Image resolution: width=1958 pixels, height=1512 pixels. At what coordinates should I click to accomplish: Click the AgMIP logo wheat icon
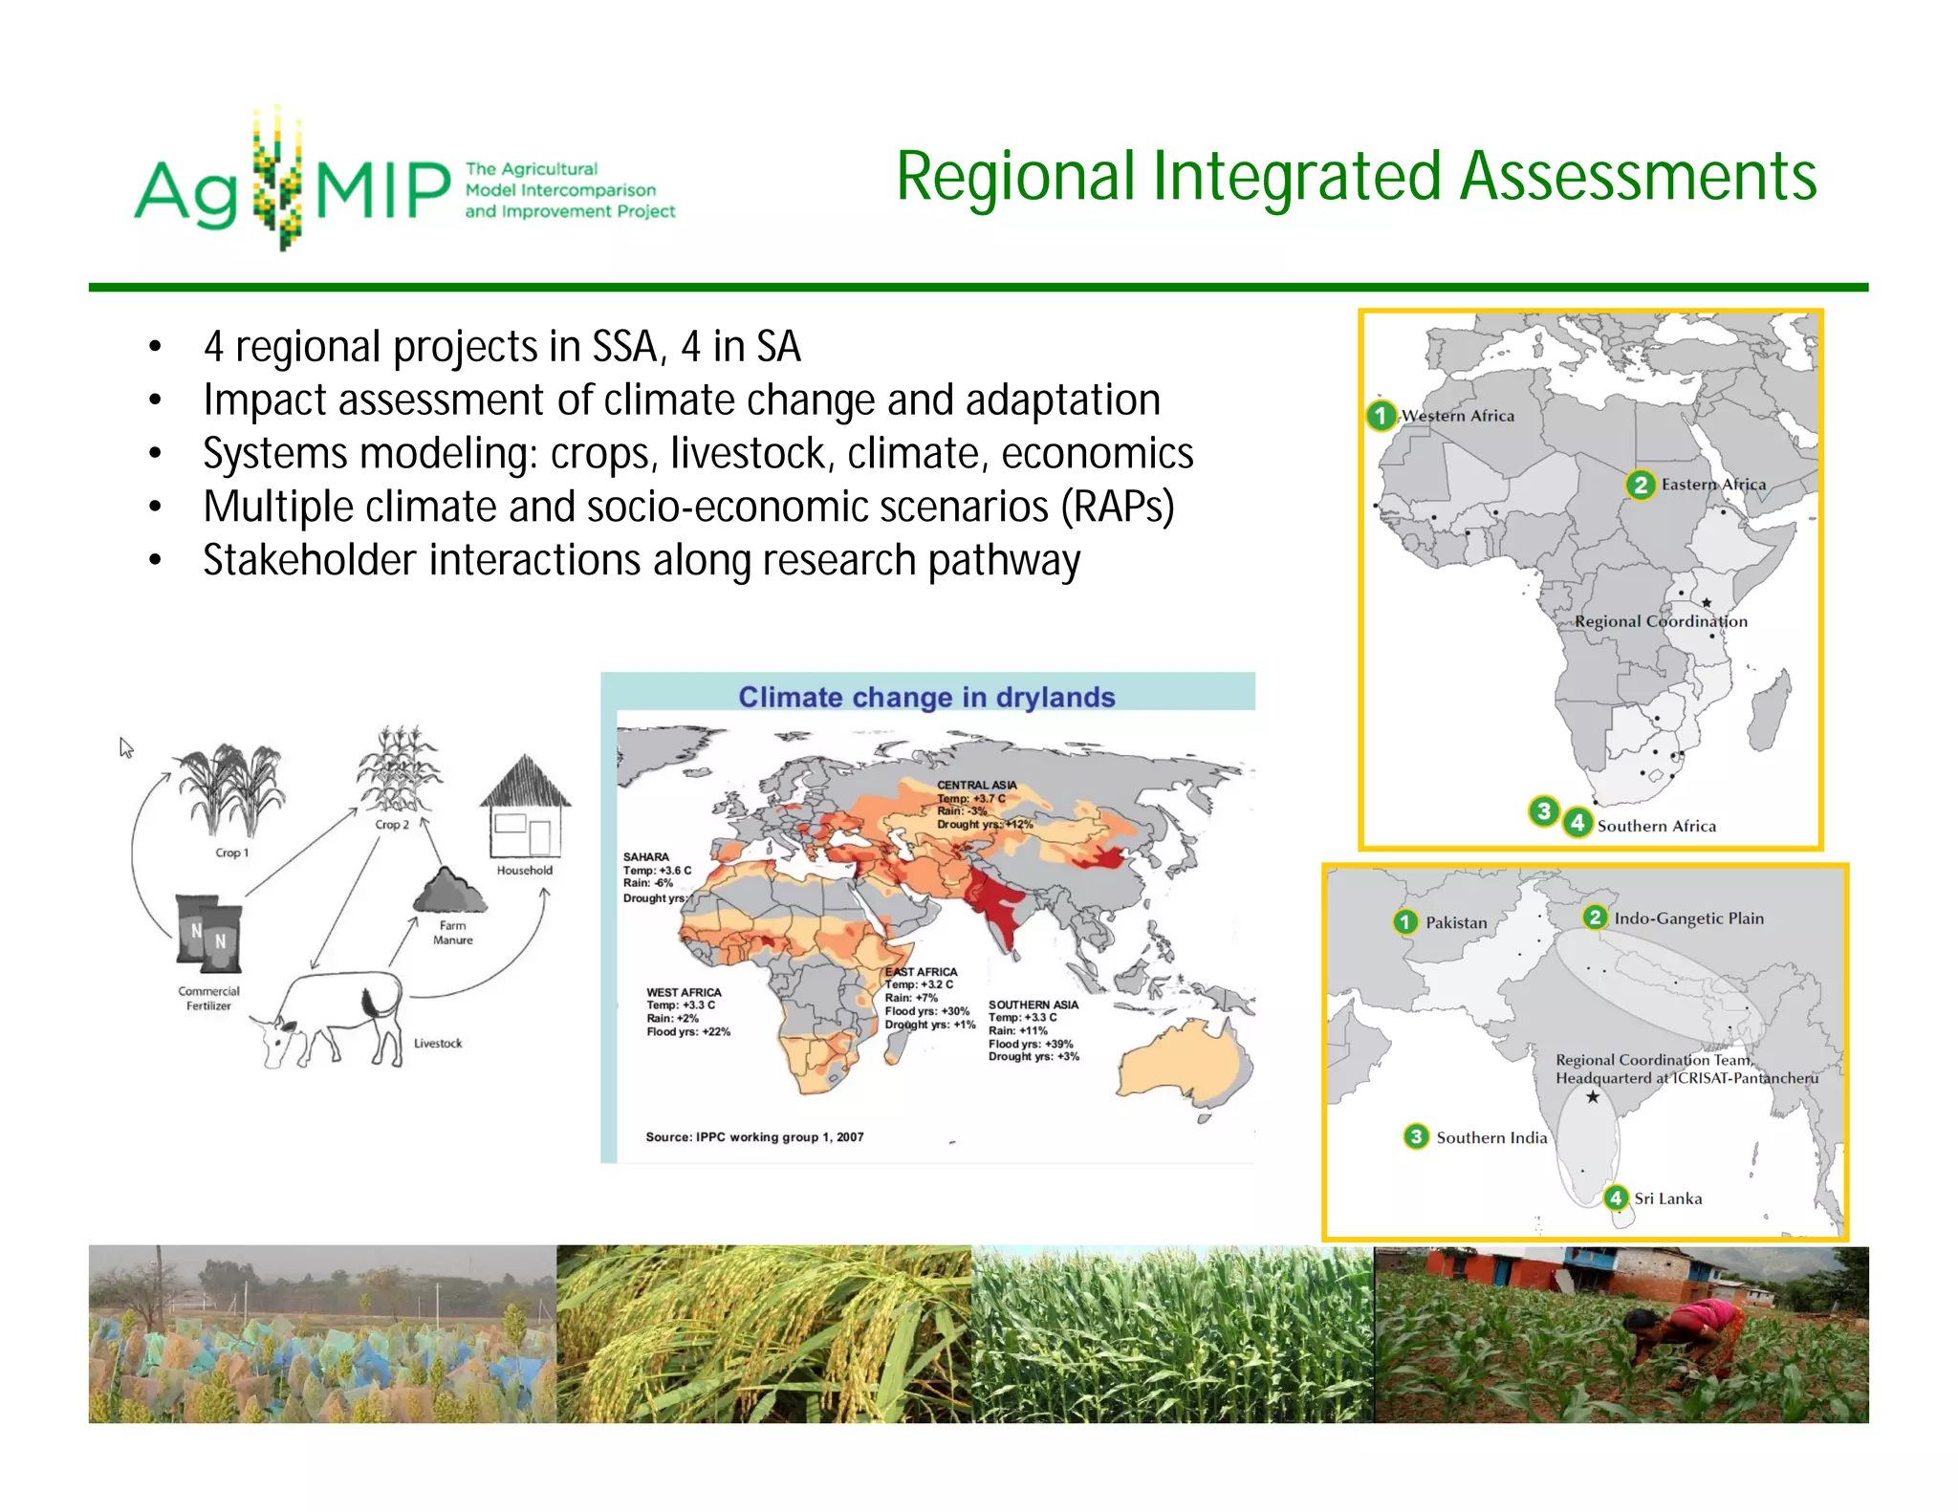click(x=277, y=180)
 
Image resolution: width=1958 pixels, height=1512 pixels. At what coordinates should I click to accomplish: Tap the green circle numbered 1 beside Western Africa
click(x=1381, y=416)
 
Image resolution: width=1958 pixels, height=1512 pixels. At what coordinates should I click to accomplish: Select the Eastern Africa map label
click(x=1713, y=485)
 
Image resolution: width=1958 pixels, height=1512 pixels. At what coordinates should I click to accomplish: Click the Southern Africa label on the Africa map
click(x=1656, y=826)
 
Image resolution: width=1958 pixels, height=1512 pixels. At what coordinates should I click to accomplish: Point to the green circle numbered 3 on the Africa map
click(x=1543, y=811)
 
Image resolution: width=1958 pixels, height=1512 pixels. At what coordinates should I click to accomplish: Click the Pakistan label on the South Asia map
click(x=1456, y=922)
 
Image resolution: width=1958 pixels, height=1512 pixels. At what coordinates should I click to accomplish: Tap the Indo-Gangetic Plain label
click(x=1688, y=918)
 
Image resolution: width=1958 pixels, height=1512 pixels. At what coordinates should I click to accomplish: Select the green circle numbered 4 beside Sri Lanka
click(x=1616, y=1198)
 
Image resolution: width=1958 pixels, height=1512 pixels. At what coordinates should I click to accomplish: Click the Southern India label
click(x=1490, y=1137)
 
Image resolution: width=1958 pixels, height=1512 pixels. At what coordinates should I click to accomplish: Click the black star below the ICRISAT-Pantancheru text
click(x=1593, y=1097)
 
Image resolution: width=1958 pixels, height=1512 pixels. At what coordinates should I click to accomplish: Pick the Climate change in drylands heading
click(x=926, y=697)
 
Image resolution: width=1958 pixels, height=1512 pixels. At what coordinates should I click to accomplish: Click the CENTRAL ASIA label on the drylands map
click(x=976, y=785)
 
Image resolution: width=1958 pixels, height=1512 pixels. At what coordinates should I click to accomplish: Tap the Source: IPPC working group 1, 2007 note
click(x=754, y=1136)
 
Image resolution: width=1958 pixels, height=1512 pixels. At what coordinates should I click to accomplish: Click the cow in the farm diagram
click(x=330, y=1018)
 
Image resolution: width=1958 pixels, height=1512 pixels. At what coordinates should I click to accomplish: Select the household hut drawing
click(x=525, y=808)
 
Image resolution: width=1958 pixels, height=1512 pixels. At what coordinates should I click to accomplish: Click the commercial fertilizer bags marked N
click(x=208, y=932)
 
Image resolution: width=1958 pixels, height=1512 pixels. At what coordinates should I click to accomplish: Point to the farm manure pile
click(x=450, y=891)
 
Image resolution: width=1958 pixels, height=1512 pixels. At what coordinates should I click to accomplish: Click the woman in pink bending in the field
click(x=1687, y=1330)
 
